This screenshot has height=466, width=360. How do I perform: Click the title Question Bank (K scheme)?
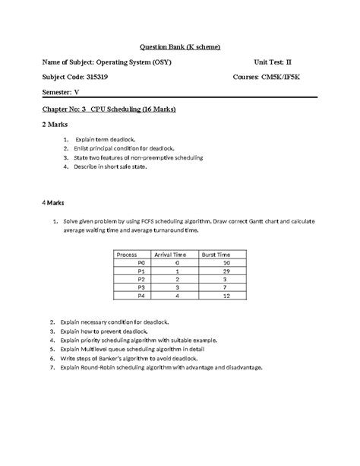(179, 46)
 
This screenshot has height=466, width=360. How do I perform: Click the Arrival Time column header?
(171, 255)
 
